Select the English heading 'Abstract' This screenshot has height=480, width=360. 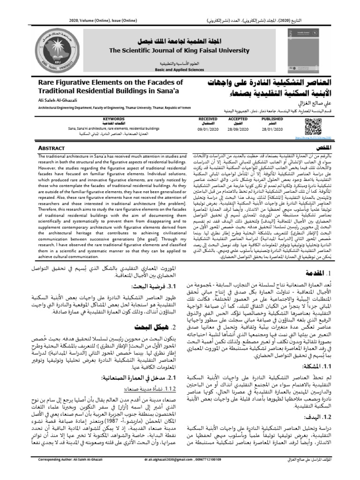pyautogui.click(x=51, y=148)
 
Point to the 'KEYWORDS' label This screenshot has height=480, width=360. pyautogui.click(x=113, y=119)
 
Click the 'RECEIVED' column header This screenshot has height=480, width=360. pyautogui.click(x=208, y=119)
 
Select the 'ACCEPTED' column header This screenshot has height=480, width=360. pyautogui.click(x=238, y=119)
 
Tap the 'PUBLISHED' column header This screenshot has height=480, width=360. pyautogui.click(x=269, y=119)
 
